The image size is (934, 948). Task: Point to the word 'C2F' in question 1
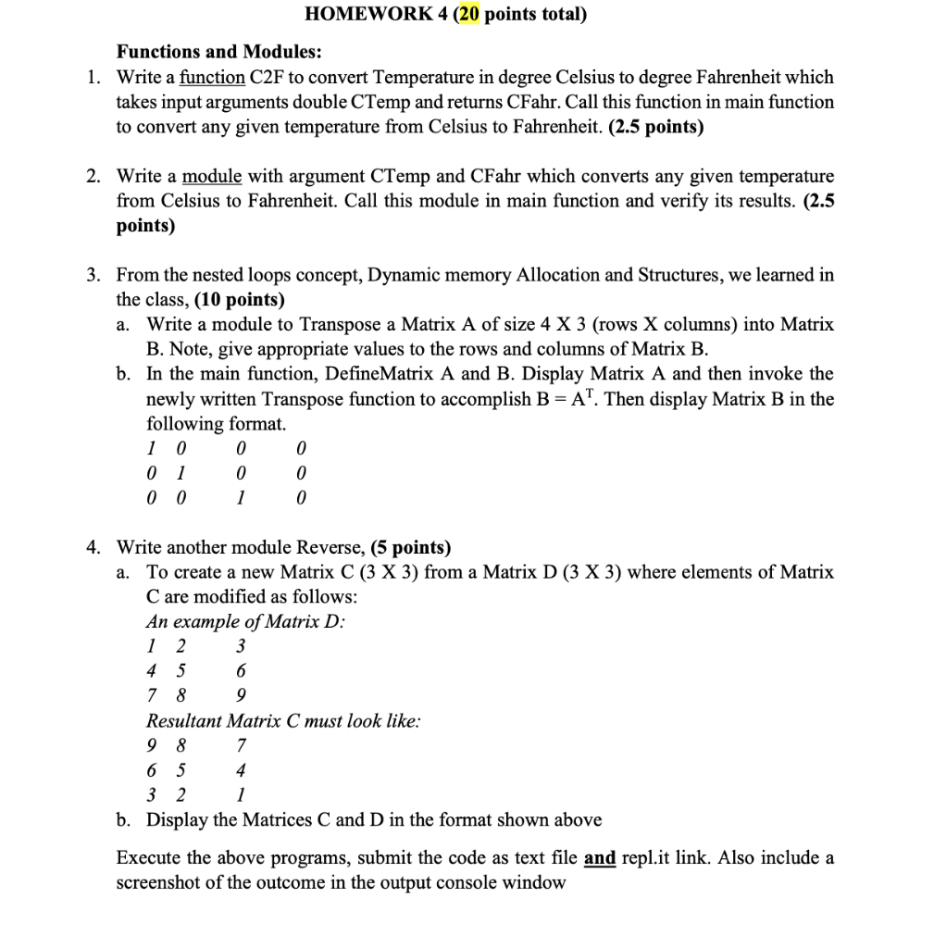coord(272,77)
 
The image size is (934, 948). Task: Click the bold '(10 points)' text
coord(240,300)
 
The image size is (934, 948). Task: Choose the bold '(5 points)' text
coord(410,547)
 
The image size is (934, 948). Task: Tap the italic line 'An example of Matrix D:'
coord(245,621)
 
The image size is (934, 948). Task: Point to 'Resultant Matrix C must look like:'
coord(283,720)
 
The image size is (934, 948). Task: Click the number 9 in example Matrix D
coord(242,695)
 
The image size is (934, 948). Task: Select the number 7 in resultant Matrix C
coord(242,745)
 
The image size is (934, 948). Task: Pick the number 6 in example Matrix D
coord(242,670)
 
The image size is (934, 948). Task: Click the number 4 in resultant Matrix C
coord(242,770)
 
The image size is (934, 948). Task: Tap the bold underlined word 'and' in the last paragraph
coord(601,858)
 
